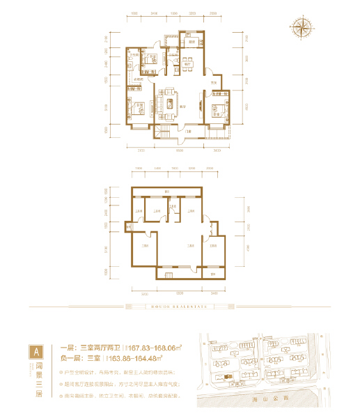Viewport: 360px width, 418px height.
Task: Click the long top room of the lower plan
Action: point(167,192)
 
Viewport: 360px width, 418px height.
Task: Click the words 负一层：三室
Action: point(83,359)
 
